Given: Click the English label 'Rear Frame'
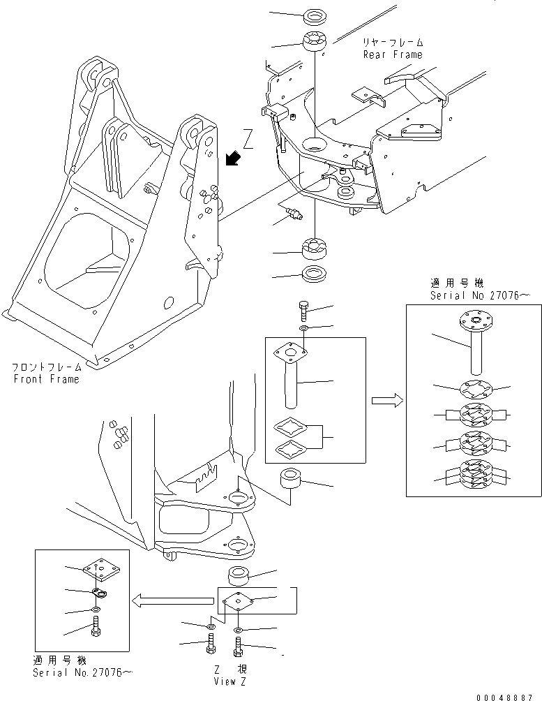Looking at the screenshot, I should (392, 54).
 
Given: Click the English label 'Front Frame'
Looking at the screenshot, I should (46, 379).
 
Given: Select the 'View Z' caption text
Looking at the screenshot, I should (229, 680).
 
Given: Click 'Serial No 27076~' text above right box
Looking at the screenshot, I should (481, 295).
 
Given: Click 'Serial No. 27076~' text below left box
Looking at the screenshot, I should (82, 673).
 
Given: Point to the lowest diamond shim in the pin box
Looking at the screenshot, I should (291, 448).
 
